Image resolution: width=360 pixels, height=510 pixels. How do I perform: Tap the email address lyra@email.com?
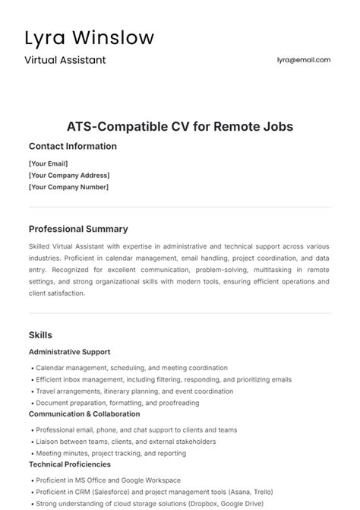coord(304,59)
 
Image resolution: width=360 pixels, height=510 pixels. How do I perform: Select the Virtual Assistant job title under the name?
coord(65,59)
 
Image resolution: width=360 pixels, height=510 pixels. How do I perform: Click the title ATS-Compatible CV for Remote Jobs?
coord(180,126)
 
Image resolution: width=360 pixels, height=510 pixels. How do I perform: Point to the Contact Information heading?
coord(73,146)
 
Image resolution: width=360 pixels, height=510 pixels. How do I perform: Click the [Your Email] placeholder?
coord(49,163)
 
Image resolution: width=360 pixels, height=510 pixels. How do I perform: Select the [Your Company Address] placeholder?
coord(68,175)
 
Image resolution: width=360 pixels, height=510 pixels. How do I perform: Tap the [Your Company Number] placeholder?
coord(68,187)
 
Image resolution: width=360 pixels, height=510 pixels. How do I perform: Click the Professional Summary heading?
coord(78,229)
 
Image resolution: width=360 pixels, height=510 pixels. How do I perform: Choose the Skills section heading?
coord(40,334)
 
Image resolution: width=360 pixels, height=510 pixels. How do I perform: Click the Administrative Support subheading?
coord(69,352)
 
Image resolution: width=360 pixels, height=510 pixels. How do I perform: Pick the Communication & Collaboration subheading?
coord(84,414)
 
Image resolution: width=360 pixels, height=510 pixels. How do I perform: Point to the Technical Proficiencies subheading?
coord(69,464)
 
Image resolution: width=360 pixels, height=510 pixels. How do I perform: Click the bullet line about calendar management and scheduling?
coord(130,368)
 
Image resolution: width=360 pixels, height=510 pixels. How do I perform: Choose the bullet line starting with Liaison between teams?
coord(125,442)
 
